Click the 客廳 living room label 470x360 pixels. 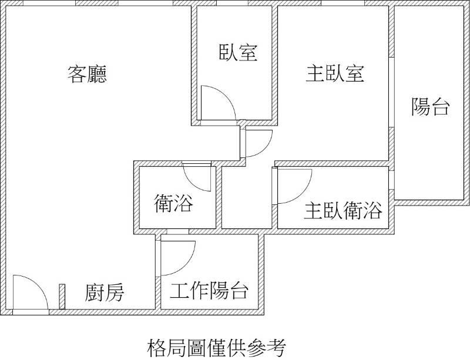click(x=87, y=74)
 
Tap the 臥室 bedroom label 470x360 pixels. click(x=239, y=53)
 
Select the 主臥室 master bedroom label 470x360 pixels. click(x=335, y=74)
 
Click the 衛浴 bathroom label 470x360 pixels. click(x=173, y=203)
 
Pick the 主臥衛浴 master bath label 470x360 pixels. click(x=343, y=210)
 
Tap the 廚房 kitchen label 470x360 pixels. click(x=105, y=292)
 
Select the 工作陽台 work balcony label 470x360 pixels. click(x=209, y=291)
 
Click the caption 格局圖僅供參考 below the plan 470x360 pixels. click(x=216, y=348)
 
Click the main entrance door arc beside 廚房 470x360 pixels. click(x=38, y=284)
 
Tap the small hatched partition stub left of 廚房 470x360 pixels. click(x=62, y=297)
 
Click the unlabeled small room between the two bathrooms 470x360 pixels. click(x=246, y=197)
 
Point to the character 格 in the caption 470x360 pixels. click(x=157, y=348)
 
